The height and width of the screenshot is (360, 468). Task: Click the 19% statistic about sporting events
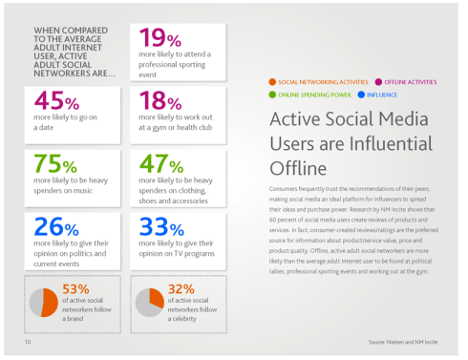tap(160, 39)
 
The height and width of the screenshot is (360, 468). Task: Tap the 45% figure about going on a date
tap(56, 101)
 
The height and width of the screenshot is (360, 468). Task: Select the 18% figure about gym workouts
tap(160, 101)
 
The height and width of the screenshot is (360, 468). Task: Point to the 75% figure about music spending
tap(56, 164)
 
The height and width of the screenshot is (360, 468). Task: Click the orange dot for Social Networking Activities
tap(273, 83)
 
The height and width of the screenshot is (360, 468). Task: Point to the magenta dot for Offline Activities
tap(378, 83)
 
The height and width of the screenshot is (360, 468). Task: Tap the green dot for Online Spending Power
tap(273, 95)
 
